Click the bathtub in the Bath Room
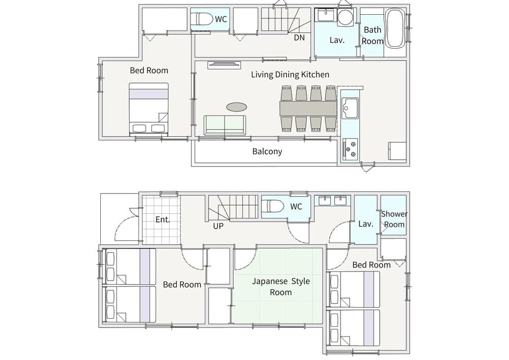tap(395, 29)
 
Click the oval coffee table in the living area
tap(237, 106)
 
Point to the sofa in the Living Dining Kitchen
tap(225, 125)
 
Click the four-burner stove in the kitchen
tap(350, 149)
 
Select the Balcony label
tap(267, 151)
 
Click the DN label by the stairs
tap(299, 38)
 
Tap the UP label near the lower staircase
tap(218, 226)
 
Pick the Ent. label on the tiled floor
tap(163, 219)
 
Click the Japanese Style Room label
tap(281, 287)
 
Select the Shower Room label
tap(394, 219)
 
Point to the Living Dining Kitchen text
tap(290, 75)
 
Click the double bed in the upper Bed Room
tap(149, 109)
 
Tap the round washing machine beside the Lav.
tap(345, 17)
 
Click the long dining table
tap(308, 108)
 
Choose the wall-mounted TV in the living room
tap(224, 65)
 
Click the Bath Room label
tap(373, 35)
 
